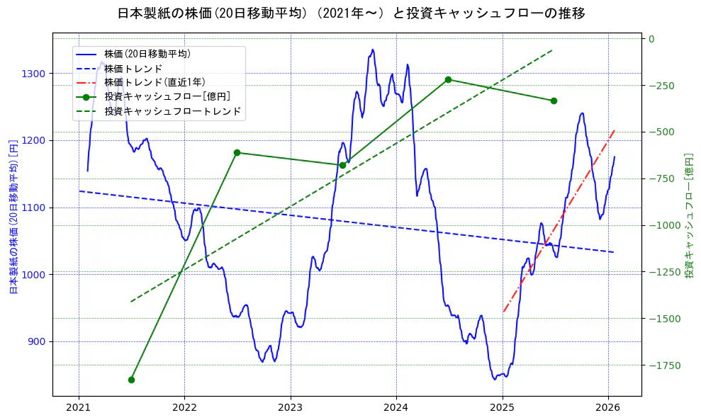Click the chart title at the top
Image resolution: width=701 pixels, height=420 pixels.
click(351, 13)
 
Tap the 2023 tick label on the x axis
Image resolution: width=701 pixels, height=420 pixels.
click(290, 408)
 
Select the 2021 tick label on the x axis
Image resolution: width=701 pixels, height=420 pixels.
click(79, 408)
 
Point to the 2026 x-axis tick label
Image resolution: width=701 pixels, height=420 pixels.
click(608, 408)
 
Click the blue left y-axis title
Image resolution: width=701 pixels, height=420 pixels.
click(13, 216)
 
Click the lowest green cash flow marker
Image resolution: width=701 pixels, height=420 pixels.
click(131, 380)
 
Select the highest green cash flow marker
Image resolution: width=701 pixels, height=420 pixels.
click(448, 80)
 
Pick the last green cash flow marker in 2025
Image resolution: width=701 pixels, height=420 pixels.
click(554, 101)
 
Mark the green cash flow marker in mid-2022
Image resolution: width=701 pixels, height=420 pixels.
click(237, 152)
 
